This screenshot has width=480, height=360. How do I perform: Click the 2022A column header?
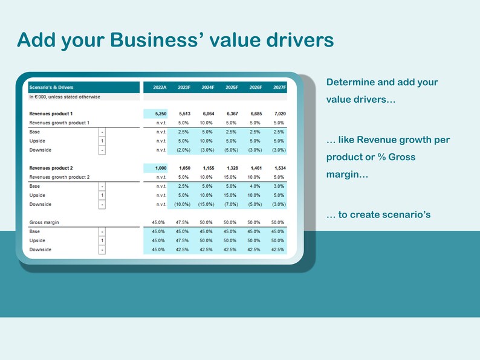click(160, 88)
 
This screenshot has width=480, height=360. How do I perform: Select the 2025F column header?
click(231, 88)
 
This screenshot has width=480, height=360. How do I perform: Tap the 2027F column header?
click(279, 88)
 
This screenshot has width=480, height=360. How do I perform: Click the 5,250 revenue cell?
click(160, 114)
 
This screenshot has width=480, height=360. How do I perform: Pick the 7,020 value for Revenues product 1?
click(279, 114)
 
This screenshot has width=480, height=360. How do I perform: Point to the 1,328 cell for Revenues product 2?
click(231, 168)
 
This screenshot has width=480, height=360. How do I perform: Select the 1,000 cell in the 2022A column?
click(160, 168)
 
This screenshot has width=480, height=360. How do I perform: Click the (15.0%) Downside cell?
click(207, 204)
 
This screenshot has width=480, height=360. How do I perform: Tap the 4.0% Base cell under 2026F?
click(255, 186)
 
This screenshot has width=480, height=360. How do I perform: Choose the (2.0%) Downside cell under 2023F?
click(184, 150)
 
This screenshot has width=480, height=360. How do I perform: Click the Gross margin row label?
click(43, 223)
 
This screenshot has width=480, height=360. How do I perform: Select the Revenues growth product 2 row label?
click(59, 177)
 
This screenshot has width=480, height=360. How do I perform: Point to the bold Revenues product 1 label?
click(51, 114)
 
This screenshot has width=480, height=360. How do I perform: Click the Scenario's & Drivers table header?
click(51, 88)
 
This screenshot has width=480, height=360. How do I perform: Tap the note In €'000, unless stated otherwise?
click(65, 97)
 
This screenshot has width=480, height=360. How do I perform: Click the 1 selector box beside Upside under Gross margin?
click(102, 240)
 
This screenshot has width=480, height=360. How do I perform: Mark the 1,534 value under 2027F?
click(279, 168)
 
